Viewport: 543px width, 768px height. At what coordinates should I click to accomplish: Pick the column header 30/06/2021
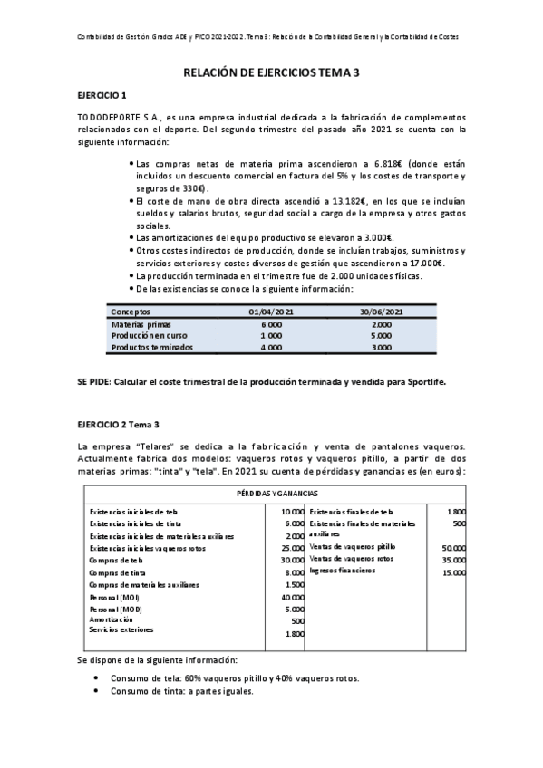click(x=381, y=312)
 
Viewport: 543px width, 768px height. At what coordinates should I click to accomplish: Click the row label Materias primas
click(x=141, y=323)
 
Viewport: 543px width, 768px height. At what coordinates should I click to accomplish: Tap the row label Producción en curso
click(x=146, y=334)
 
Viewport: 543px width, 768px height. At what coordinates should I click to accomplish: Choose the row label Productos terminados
click(x=151, y=346)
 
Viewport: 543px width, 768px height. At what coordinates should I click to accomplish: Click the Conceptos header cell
click(x=132, y=312)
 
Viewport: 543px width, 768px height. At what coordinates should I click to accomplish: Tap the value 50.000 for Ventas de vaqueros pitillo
click(x=452, y=548)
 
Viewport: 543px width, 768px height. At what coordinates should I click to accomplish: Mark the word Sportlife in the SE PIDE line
click(x=425, y=382)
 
